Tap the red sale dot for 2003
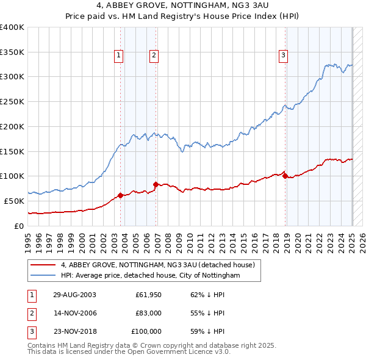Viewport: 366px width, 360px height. [x=121, y=195]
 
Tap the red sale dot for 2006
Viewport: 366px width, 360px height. [x=156, y=184]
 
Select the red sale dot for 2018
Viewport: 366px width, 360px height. [x=285, y=176]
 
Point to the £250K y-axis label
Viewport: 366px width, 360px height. [x=12, y=102]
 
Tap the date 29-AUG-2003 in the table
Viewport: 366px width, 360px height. [x=74, y=295]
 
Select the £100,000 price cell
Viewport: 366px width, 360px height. [x=147, y=331]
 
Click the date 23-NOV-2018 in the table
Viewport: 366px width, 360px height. [x=74, y=331]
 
